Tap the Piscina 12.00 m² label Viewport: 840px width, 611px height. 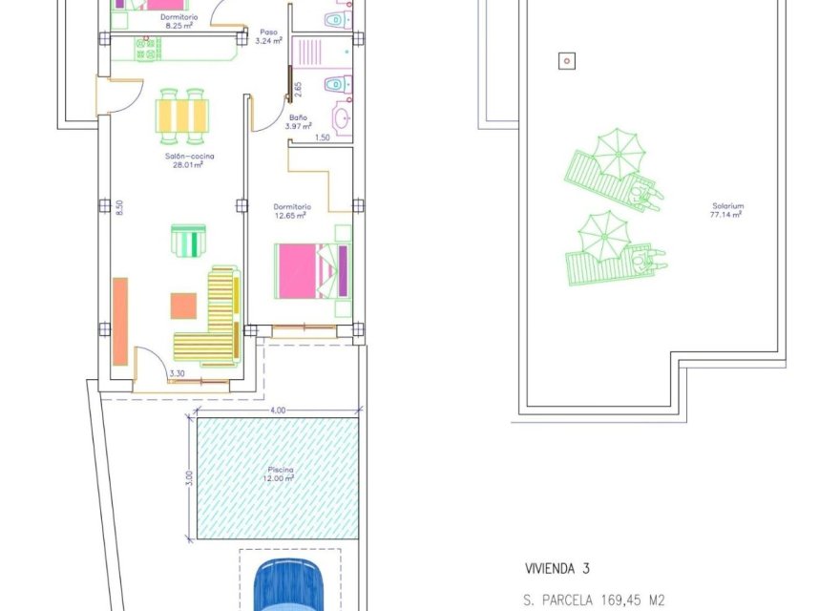click(281, 474)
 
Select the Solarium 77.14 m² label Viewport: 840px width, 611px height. click(726, 210)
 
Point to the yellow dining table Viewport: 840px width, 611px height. click(181, 115)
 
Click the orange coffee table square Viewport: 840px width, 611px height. click(184, 305)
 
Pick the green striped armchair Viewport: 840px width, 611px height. click(188, 240)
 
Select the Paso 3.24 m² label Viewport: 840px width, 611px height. click(270, 36)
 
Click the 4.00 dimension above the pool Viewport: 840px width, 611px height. click(277, 411)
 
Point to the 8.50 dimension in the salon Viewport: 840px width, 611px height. click(120, 208)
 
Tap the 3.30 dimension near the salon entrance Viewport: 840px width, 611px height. click(177, 374)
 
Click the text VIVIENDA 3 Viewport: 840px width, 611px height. click(556, 569)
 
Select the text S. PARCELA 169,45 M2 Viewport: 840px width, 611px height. click(593, 601)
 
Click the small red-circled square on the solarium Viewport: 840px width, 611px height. click(567, 61)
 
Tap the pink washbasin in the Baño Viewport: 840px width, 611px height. click(341, 118)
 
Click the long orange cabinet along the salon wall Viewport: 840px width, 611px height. click(120, 321)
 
